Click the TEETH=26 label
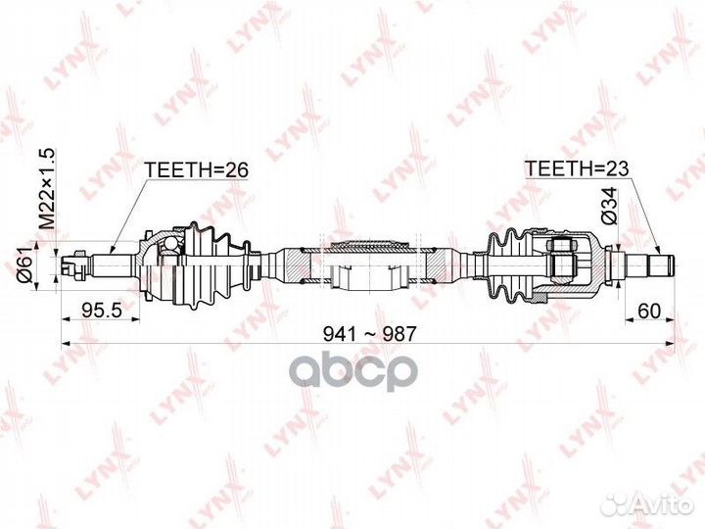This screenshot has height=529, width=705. tap(197, 169)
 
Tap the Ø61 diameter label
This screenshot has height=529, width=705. tap(23, 263)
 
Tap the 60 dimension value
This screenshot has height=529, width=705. tap(648, 312)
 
